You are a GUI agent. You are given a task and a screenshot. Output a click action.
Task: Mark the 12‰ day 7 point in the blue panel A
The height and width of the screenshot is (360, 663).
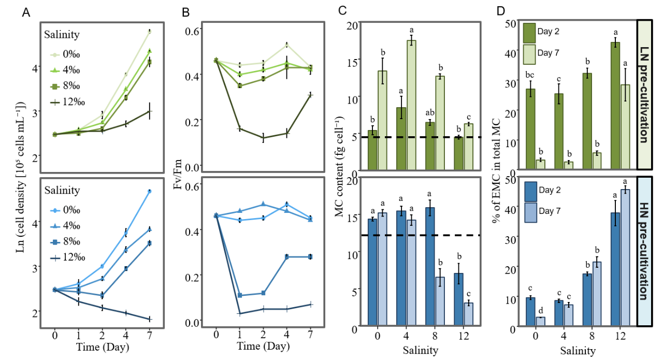coord(150,319)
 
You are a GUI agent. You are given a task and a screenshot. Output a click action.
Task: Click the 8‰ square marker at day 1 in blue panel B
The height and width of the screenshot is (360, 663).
coord(239,295)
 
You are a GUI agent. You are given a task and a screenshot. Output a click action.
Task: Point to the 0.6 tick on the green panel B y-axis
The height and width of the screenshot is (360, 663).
coord(193,31)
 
